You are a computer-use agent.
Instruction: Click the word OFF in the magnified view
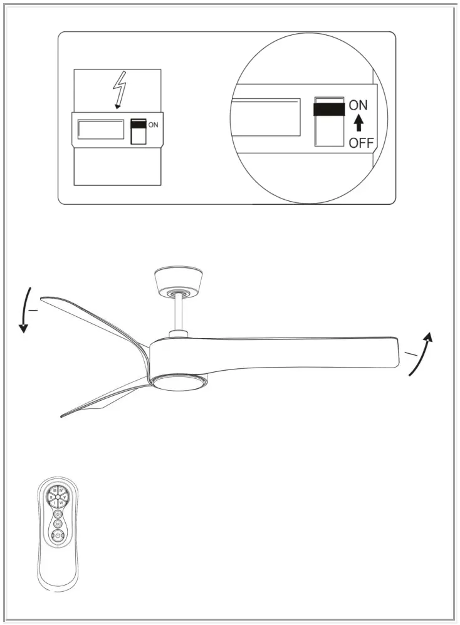[x=361, y=143]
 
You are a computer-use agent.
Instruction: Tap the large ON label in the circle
[x=358, y=106]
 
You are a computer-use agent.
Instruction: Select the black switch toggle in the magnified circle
[x=329, y=110]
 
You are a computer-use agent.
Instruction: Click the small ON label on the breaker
[x=154, y=125]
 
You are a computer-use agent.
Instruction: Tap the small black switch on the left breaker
[x=138, y=124]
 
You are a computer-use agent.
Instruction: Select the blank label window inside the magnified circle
[x=266, y=117]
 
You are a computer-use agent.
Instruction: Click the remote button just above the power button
[x=57, y=523]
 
